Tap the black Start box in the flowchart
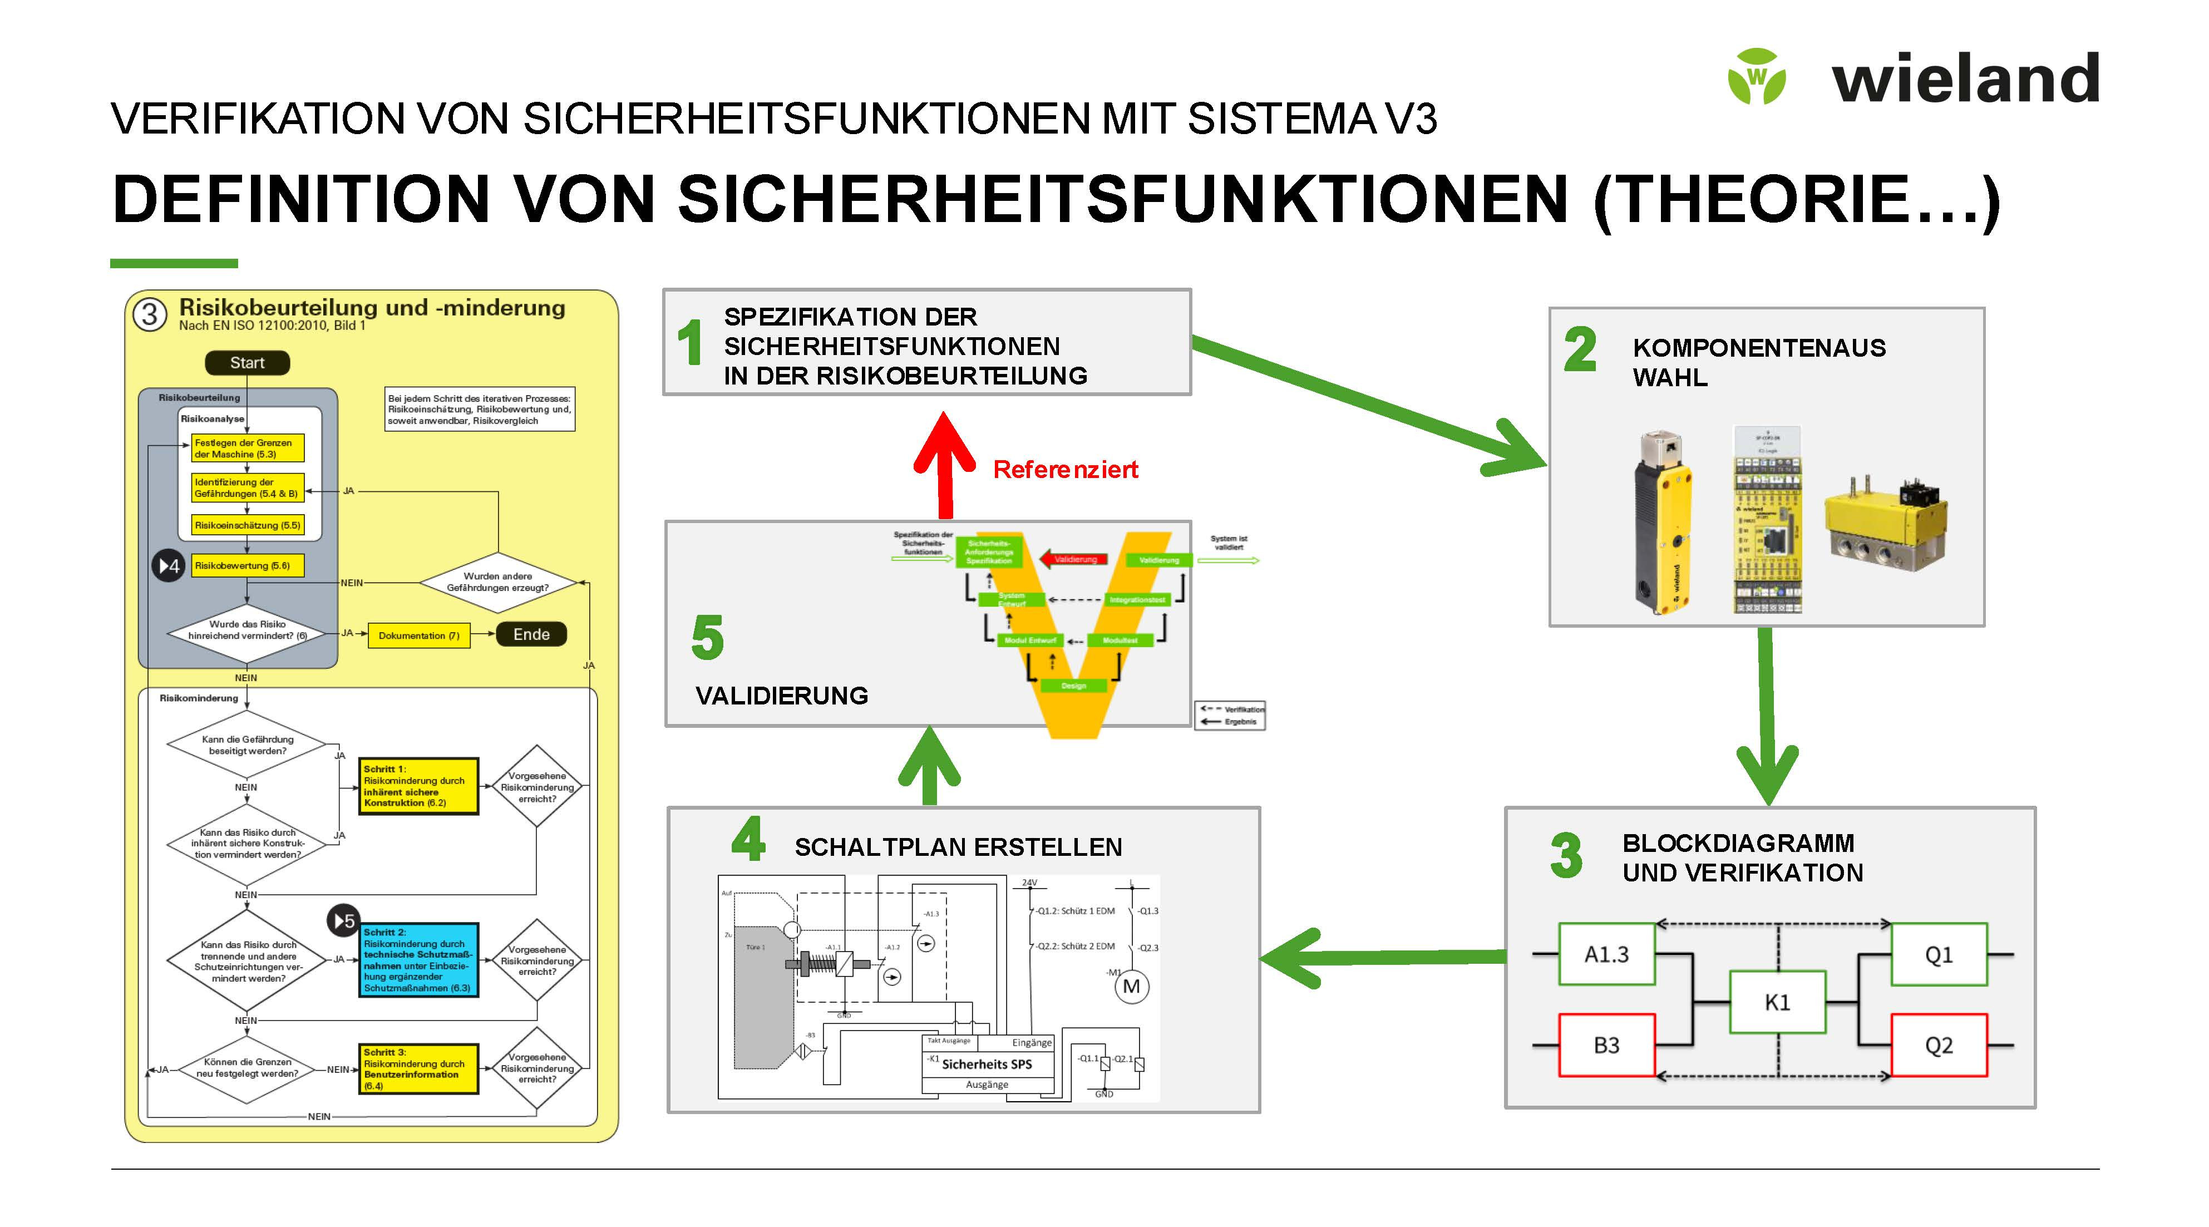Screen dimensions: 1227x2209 tap(247, 363)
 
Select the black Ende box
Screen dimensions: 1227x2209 tap(531, 634)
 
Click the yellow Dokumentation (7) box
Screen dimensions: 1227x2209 tap(418, 635)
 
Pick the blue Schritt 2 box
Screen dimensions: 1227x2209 tap(418, 960)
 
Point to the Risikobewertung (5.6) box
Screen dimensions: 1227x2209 tap(247, 566)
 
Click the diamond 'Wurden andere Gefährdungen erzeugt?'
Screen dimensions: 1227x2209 tap(497, 582)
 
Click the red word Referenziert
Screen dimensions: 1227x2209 tap(1065, 469)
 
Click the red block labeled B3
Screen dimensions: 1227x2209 tap(1606, 1045)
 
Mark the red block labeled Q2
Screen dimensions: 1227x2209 tap(1938, 1045)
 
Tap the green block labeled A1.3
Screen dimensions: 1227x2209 tap(1606, 954)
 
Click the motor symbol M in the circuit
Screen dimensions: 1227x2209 tap(1131, 987)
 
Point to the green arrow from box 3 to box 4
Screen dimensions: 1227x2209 tap(1380, 958)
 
